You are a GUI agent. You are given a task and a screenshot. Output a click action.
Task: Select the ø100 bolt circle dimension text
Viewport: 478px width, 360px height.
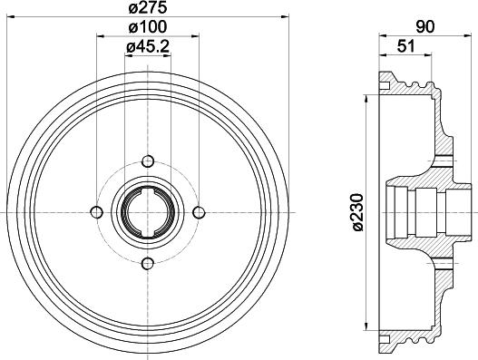click(x=147, y=28)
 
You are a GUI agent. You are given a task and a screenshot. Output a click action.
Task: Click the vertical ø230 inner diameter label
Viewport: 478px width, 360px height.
click(x=353, y=210)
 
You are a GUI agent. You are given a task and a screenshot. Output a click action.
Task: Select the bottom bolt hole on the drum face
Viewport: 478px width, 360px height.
click(x=147, y=263)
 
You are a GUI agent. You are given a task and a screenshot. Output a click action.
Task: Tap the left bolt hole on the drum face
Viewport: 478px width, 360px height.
click(x=95, y=211)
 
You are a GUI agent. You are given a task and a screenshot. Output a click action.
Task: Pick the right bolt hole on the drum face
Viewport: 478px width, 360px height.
click(x=199, y=211)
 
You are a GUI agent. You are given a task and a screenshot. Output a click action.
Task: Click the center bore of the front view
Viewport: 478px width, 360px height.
click(x=147, y=211)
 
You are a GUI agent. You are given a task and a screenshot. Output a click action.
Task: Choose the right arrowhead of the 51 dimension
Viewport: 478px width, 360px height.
click(x=429, y=56)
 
